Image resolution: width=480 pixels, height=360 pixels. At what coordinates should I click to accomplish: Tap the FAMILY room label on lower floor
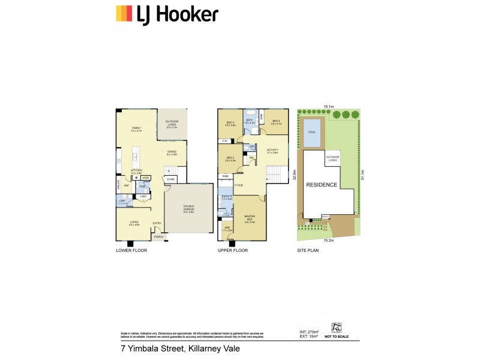(136, 128)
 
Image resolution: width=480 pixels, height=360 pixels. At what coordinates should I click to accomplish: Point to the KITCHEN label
(136, 171)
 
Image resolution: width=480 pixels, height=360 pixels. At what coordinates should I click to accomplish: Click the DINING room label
(172, 152)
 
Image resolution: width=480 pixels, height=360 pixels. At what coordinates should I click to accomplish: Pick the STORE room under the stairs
(170, 179)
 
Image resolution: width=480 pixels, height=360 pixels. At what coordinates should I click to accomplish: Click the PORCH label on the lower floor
(159, 237)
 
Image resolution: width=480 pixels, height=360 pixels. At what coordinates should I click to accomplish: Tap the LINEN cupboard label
(143, 196)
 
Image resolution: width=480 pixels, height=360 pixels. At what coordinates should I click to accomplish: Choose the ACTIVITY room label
(273, 150)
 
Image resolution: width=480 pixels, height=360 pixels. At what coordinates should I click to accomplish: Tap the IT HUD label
(238, 185)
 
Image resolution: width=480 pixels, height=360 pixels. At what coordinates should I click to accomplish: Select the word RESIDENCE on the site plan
(322, 185)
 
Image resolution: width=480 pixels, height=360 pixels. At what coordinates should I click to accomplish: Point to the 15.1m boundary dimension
(329, 106)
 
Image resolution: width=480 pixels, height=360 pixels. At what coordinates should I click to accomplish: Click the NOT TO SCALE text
(337, 337)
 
